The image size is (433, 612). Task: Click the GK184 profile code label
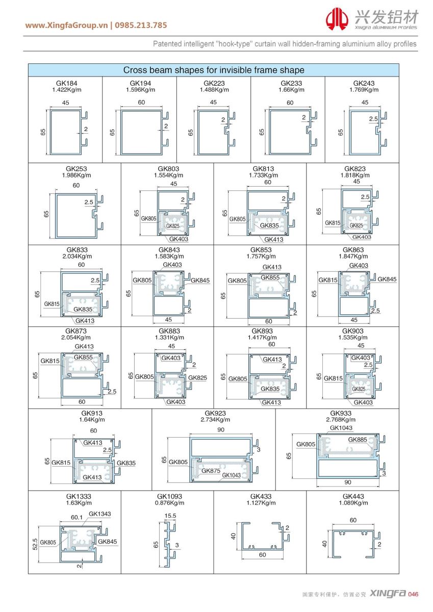click(66, 83)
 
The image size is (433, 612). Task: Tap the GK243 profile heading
click(364, 83)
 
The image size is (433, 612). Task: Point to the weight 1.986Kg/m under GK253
click(76, 175)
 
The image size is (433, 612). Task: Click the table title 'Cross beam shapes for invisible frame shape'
click(214, 70)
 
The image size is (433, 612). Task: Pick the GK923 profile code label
click(215, 413)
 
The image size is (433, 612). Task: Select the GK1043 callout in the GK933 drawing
click(341, 428)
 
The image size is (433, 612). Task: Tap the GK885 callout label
click(359, 440)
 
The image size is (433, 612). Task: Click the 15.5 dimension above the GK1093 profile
click(170, 516)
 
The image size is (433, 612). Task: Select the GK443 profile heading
click(353, 496)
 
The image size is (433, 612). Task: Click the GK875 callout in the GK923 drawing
click(211, 471)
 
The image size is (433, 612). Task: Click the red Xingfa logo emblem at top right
click(337, 20)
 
